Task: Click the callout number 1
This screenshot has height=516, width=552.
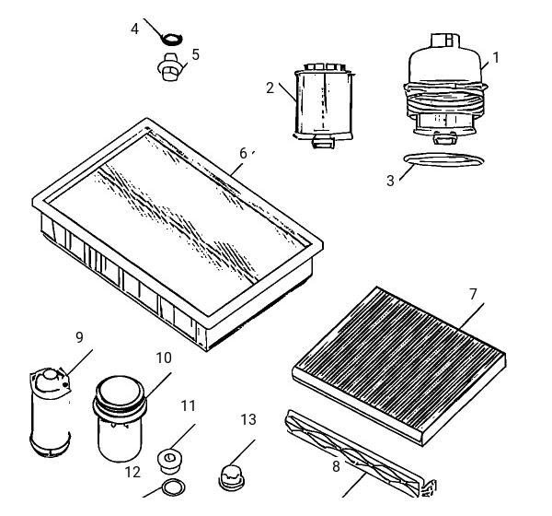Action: (x=496, y=57)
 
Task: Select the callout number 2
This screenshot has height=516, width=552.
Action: (x=270, y=88)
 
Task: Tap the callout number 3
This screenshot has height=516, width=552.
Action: (x=390, y=181)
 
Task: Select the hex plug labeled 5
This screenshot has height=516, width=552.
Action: (x=169, y=67)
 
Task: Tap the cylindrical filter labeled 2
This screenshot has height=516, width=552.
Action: (x=324, y=105)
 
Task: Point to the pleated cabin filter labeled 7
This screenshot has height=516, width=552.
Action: (x=399, y=365)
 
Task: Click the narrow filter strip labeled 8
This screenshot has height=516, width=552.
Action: (x=355, y=452)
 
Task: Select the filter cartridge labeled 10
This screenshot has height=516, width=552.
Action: (x=120, y=418)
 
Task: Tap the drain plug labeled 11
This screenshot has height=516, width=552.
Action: (x=169, y=462)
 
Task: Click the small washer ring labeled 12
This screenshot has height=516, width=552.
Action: (x=174, y=487)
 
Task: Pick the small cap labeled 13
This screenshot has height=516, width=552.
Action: (x=232, y=478)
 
